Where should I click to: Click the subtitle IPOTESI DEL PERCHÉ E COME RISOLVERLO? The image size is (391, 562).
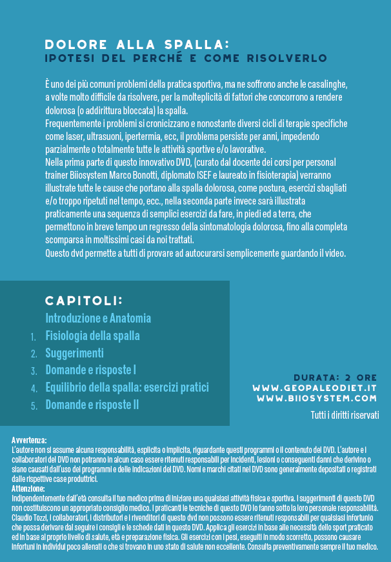(x=186, y=58)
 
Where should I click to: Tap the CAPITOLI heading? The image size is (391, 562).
(x=83, y=301)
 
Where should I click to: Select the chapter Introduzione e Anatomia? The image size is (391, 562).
(x=98, y=318)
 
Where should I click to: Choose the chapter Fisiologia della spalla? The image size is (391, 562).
(x=92, y=336)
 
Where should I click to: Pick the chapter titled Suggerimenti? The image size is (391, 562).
(x=74, y=353)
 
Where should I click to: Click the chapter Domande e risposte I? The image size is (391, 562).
(x=90, y=370)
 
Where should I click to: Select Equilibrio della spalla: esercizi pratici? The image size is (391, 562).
(x=127, y=388)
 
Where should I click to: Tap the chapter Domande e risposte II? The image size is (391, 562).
(x=92, y=405)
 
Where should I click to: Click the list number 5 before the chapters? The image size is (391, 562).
(x=34, y=406)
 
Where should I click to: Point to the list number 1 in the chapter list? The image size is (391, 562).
(x=34, y=336)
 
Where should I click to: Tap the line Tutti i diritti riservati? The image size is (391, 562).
(x=345, y=415)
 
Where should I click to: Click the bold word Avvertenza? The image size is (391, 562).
(x=29, y=439)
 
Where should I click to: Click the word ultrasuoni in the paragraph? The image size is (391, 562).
(x=102, y=137)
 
